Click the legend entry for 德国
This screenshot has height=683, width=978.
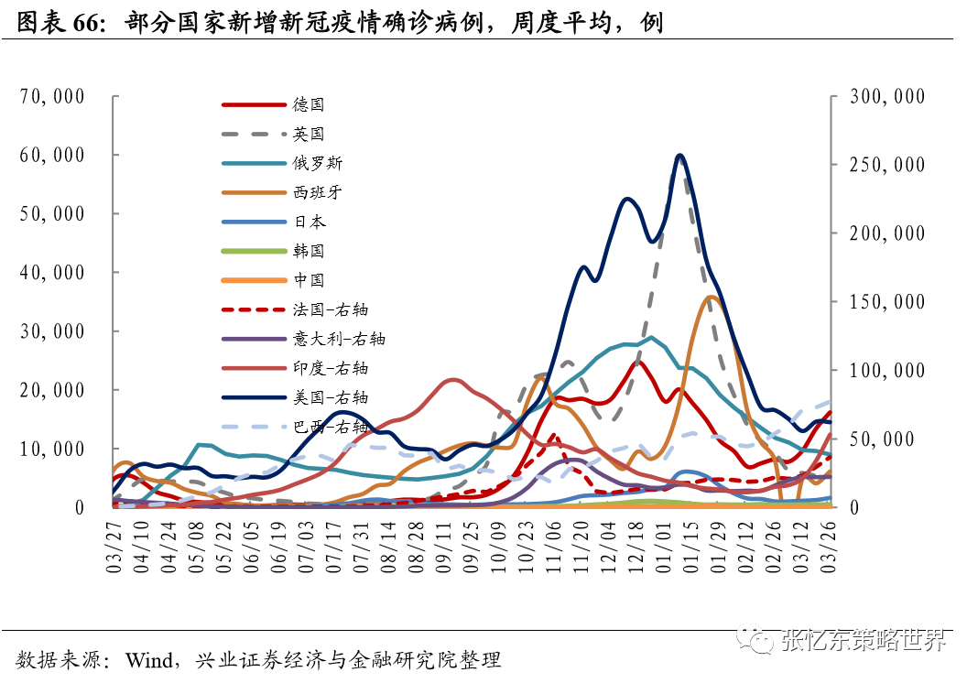tap(309, 105)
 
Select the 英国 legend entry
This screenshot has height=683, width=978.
tap(309, 135)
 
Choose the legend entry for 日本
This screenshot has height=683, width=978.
tap(309, 222)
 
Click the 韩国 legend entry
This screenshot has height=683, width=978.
tap(309, 252)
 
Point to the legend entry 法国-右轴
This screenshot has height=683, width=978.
tap(331, 310)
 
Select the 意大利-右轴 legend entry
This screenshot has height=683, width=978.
tap(339, 340)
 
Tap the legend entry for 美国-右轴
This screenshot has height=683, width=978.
tap(331, 398)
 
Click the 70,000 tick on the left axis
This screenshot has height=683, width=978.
tap(52, 96)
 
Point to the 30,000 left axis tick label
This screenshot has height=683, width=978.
tap(52, 331)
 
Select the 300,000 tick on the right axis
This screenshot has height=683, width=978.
tap(887, 96)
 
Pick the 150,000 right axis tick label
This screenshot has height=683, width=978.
tap(887, 302)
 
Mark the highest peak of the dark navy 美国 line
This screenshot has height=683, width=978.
tap(679, 156)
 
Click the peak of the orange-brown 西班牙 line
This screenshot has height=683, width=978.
tap(713, 297)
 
